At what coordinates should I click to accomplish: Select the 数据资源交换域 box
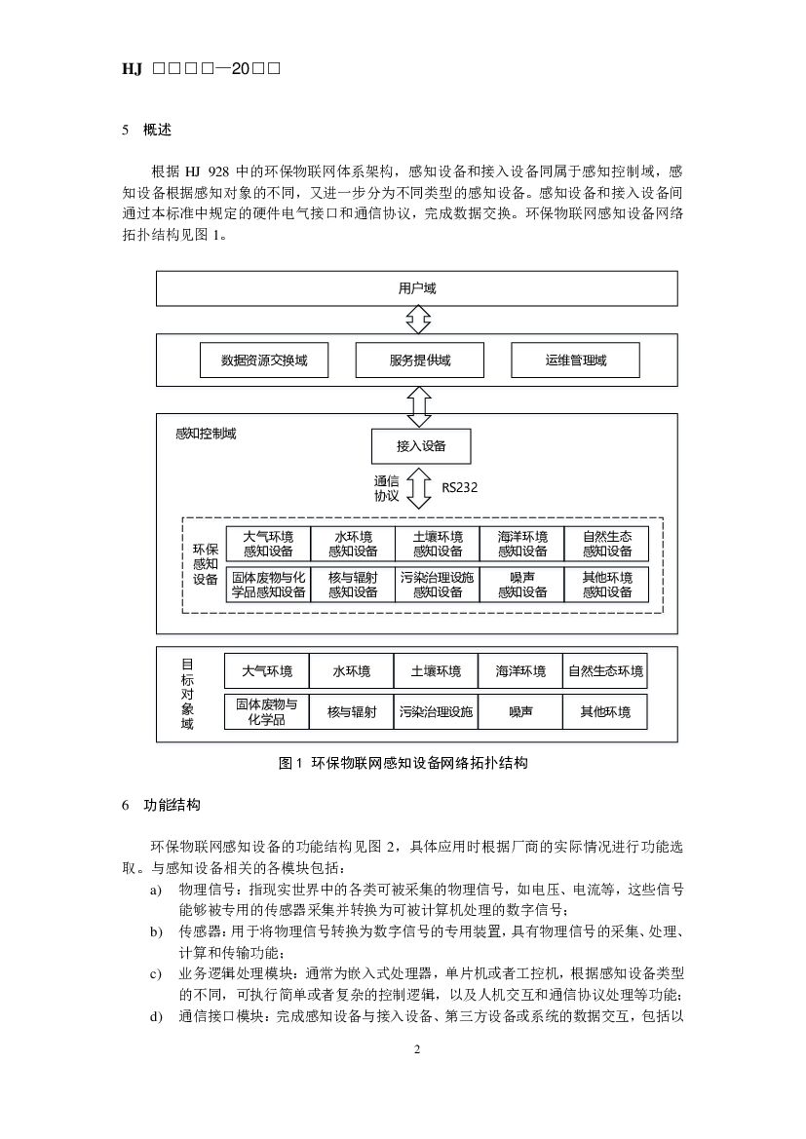(x=264, y=361)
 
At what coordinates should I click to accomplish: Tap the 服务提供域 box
(x=419, y=361)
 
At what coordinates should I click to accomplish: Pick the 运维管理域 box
(x=575, y=361)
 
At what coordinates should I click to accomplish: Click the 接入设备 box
(x=421, y=446)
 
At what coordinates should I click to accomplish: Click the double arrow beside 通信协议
(x=420, y=487)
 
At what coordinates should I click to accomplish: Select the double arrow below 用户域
(x=419, y=319)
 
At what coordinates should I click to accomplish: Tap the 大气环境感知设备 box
(x=268, y=544)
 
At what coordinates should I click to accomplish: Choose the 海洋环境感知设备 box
(x=521, y=544)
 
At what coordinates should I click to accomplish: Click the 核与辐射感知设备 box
(x=353, y=584)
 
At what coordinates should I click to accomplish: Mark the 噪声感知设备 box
(x=521, y=584)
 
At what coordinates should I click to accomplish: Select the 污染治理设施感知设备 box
(x=437, y=584)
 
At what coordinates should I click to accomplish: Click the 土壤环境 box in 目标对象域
(x=436, y=671)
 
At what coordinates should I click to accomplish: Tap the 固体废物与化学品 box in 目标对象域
(x=266, y=711)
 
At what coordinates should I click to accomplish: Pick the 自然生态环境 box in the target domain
(x=605, y=671)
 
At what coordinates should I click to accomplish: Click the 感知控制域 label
(x=205, y=434)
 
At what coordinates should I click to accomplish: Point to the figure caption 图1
(x=403, y=763)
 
